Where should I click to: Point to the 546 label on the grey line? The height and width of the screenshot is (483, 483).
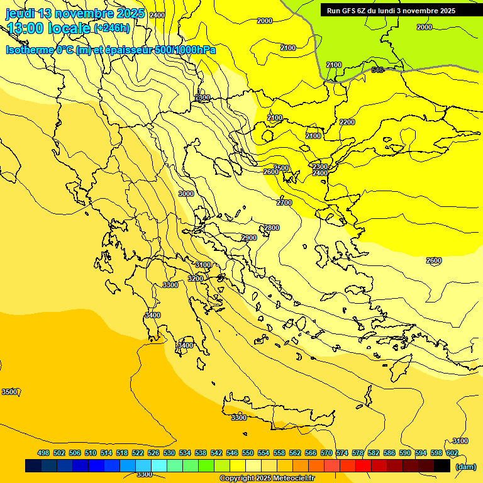pyautogui.click(x=377, y=70)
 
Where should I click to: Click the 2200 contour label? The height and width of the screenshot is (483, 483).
pyautogui.click(x=347, y=122)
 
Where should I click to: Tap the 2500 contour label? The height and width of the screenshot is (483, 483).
pyautogui.click(x=281, y=168)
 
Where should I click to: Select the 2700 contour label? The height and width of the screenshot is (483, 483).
pyautogui.click(x=284, y=203)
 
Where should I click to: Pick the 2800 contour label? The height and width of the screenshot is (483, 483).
pyautogui.click(x=272, y=228)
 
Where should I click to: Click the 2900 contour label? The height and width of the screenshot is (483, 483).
pyautogui.click(x=249, y=238)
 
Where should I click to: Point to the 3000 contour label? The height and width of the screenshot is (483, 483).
pyautogui.click(x=186, y=194)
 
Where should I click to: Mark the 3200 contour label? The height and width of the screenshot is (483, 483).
pyautogui.click(x=196, y=279)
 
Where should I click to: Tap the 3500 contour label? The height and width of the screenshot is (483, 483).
pyautogui.click(x=9, y=392)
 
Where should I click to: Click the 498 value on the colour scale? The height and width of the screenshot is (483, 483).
pyautogui.click(x=43, y=453)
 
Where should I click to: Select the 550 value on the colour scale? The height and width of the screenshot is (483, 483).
pyautogui.click(x=248, y=453)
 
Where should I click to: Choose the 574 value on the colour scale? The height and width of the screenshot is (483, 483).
pyautogui.click(x=342, y=453)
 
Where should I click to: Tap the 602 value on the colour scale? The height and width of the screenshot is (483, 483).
pyautogui.click(x=452, y=453)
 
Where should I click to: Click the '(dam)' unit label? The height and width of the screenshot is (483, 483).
pyautogui.click(x=465, y=466)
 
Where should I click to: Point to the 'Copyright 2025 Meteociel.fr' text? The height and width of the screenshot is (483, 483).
pyautogui.click(x=267, y=479)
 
